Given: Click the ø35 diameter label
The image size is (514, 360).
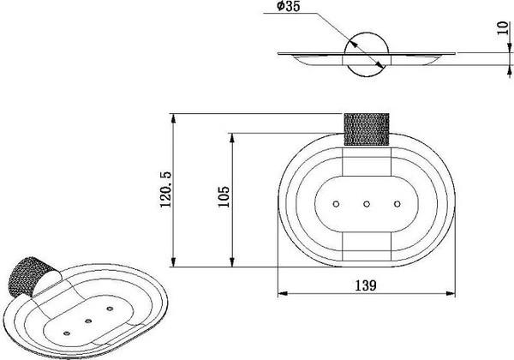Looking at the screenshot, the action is [x=288, y=7].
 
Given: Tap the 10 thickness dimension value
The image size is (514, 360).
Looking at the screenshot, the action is [x=502, y=28].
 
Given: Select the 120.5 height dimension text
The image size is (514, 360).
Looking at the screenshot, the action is [x=166, y=189].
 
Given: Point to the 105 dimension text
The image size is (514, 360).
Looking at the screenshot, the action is [x=224, y=197].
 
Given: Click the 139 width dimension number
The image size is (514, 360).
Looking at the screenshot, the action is [x=366, y=285].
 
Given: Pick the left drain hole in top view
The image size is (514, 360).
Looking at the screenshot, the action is [x=336, y=204].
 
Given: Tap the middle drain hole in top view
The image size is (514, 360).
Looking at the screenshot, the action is [x=367, y=204].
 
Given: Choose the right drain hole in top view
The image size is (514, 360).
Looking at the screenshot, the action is [x=397, y=204].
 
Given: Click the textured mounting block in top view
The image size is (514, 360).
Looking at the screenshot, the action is [x=367, y=129].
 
